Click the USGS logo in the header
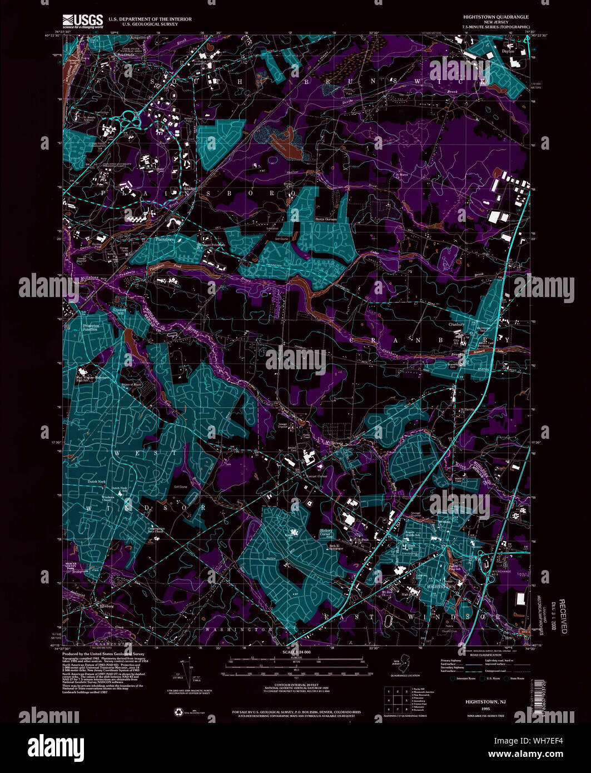(x=83, y=21)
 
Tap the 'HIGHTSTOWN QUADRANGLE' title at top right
(x=496, y=17)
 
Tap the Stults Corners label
(x=326, y=219)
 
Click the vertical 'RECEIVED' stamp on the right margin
(x=563, y=616)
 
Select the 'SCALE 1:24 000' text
(x=295, y=651)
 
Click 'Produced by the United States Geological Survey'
(x=103, y=654)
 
